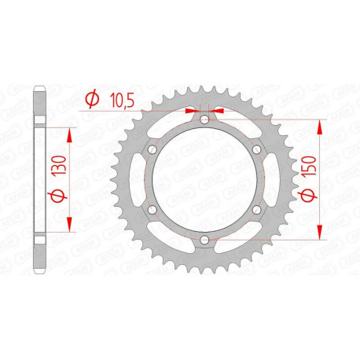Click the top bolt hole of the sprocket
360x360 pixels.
click(x=204, y=120)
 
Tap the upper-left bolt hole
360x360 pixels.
click(x=152, y=150)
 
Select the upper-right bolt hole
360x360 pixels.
click(x=255, y=150)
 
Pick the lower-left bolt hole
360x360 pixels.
click(x=152, y=209)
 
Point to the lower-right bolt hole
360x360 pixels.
click(x=255, y=209)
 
